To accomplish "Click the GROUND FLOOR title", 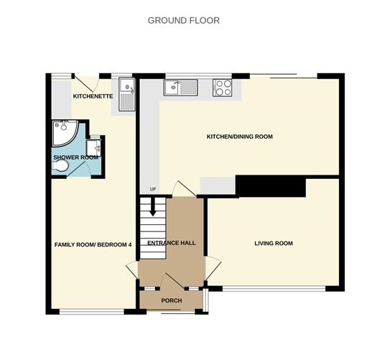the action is tap(184, 20).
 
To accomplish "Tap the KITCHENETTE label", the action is tap(93, 96).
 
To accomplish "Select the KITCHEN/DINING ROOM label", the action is tap(240, 137).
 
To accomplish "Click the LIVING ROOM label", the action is tap(274, 244).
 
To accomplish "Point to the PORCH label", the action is tap(172, 300).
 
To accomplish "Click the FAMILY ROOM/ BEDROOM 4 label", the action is tap(93, 245).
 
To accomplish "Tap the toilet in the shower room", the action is tap(60, 166).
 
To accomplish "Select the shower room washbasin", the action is tap(94, 148).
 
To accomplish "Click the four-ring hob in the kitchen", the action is tap(222, 88).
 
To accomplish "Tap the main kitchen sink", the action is tap(180, 88).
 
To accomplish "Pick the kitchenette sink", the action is tap(127, 94).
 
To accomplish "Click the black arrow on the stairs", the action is tap(153, 207).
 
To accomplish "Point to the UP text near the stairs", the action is tap(153, 189).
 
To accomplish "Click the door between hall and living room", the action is tap(213, 271).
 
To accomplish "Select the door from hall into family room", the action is tap(132, 270).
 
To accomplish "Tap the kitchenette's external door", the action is tap(86, 83).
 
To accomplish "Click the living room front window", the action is tap(274, 289).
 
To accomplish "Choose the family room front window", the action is tap(92, 312).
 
